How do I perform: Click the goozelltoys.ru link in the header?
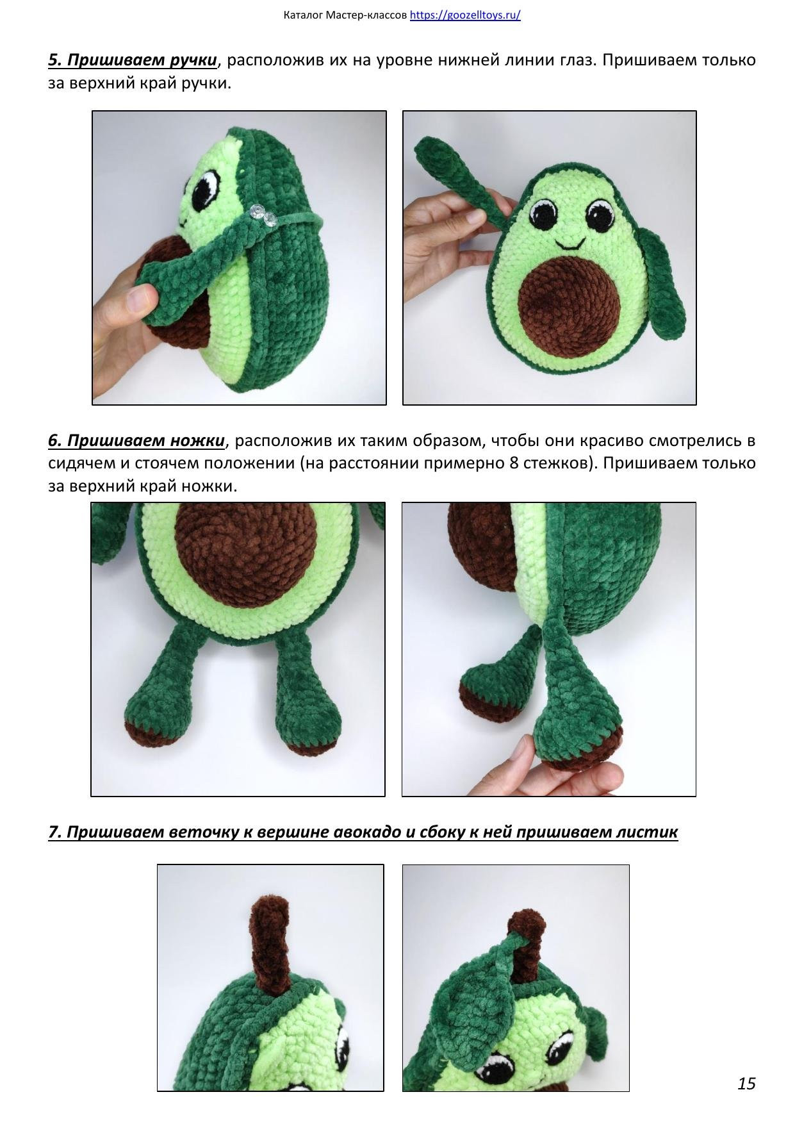click(x=464, y=15)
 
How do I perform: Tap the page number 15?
click(x=746, y=1083)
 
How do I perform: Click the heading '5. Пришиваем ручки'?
click(x=133, y=60)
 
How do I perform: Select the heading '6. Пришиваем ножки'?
click(x=136, y=441)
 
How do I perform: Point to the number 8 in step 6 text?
click(x=514, y=463)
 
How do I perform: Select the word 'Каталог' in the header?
click(x=303, y=15)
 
